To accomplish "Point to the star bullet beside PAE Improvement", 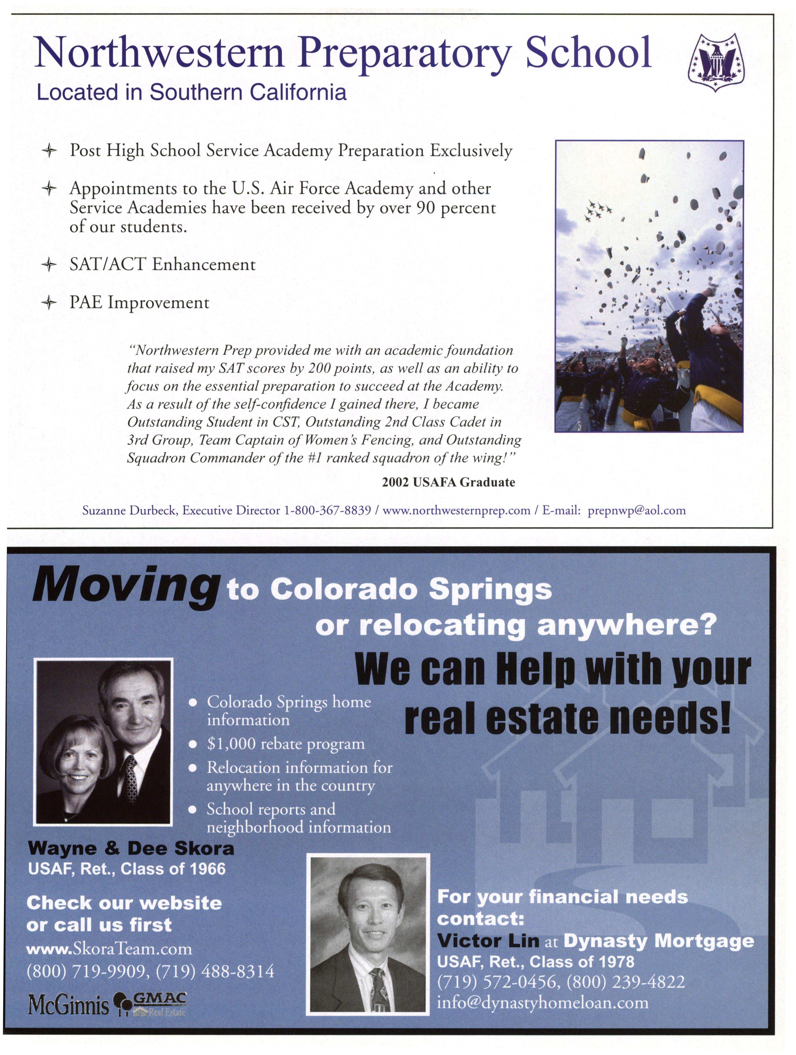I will [x=49, y=303].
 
